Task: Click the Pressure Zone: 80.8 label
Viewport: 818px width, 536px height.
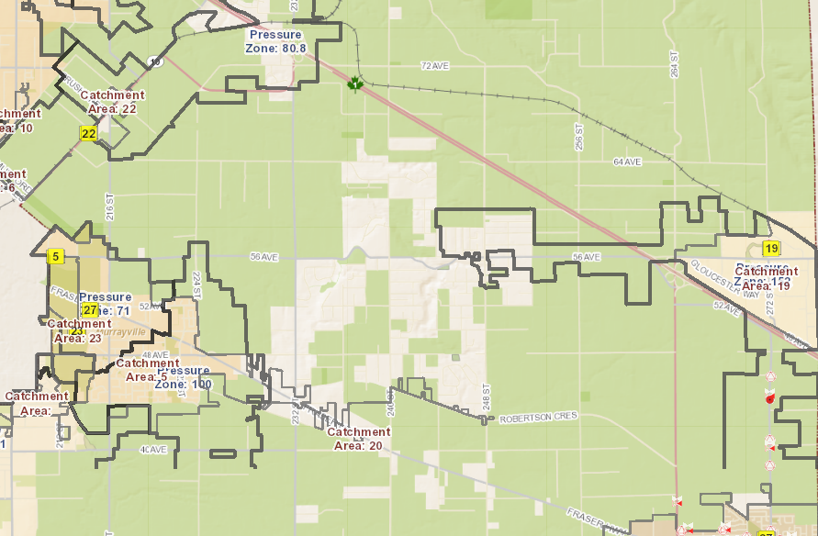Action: (x=275, y=41)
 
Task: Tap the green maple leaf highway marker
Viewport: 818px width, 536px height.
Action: (x=355, y=85)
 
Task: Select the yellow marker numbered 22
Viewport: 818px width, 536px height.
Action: (x=88, y=134)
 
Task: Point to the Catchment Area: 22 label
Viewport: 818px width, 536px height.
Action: (x=112, y=102)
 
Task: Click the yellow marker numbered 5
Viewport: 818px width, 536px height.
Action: (x=56, y=257)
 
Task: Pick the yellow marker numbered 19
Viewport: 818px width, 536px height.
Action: (x=771, y=249)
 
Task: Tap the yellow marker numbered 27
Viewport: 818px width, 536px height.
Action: (x=90, y=310)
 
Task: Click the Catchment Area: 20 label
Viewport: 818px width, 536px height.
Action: (x=359, y=439)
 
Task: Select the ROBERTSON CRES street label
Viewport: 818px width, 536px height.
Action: (x=538, y=418)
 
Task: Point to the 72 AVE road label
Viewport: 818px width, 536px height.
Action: (x=433, y=66)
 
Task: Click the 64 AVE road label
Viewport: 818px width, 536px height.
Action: (x=626, y=162)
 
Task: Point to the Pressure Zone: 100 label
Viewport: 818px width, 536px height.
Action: (x=184, y=377)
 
